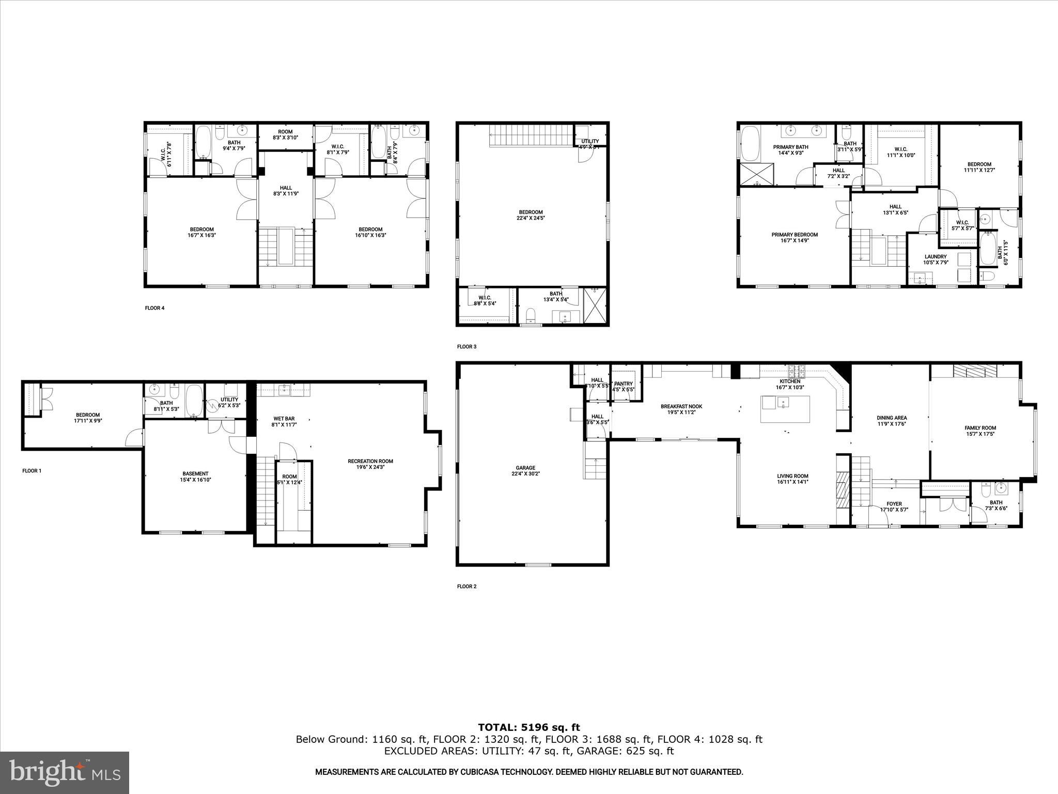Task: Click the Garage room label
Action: pos(525,470)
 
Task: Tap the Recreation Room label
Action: pos(370,464)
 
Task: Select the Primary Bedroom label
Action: pos(795,237)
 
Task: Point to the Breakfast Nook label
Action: pos(681,409)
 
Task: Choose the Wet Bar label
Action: pos(284,421)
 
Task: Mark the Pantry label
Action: pos(624,386)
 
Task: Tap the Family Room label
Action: pos(980,431)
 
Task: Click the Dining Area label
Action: pos(892,421)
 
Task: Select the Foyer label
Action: pos(894,507)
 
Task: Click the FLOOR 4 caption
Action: pos(154,308)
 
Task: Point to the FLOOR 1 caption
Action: pos(32,471)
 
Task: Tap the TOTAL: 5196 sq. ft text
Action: pos(529,727)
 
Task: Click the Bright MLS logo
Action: pos(65,772)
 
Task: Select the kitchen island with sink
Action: pos(785,409)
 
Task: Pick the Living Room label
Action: pos(792,479)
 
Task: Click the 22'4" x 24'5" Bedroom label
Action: pos(531,215)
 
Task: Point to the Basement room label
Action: pos(195,476)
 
